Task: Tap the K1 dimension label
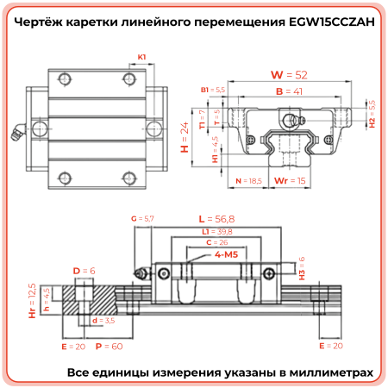point(141,58)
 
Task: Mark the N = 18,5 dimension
point(248,181)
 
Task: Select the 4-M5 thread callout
point(226,255)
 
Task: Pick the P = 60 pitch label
point(110,345)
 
